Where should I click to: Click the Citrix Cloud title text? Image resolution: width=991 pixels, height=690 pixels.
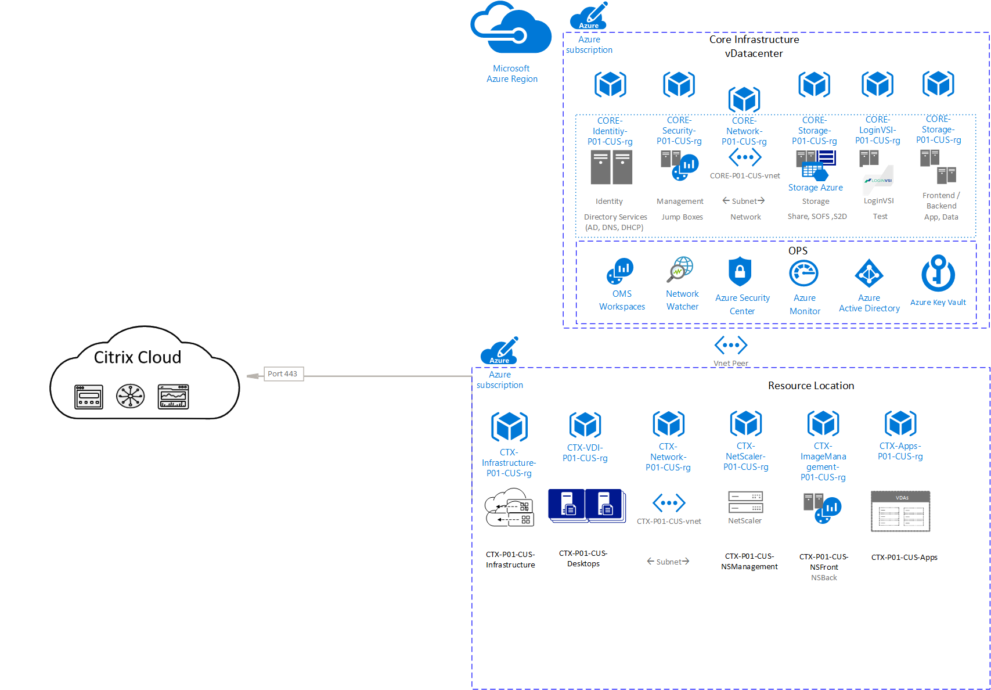click(138, 357)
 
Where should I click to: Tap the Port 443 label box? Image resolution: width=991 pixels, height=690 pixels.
click(283, 374)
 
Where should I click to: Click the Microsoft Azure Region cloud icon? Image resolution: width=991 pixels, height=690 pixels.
click(511, 29)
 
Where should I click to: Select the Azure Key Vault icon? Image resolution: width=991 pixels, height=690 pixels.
click(938, 274)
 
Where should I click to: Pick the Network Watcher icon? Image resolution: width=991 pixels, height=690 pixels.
click(680, 269)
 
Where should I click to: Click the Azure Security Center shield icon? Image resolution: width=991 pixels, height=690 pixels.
click(740, 272)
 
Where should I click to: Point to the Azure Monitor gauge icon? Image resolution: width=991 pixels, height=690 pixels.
click(804, 273)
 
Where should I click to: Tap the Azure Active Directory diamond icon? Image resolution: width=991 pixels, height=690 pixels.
click(869, 273)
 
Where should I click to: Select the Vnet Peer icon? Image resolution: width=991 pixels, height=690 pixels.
click(731, 345)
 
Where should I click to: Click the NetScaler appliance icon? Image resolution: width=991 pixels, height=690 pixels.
click(745, 502)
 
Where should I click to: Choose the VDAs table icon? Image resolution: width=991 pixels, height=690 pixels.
click(900, 511)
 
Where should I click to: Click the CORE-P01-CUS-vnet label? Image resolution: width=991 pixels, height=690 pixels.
click(745, 176)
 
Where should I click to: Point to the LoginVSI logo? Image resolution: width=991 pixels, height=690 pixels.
click(878, 181)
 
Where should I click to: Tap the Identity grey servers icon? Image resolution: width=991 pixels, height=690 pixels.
click(611, 167)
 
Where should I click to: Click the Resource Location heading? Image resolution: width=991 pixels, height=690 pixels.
click(811, 386)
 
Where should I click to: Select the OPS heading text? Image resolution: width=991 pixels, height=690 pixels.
click(798, 251)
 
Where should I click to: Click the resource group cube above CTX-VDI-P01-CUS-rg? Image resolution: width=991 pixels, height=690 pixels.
click(585, 425)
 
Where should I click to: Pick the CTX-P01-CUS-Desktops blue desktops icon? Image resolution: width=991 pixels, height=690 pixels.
click(586, 506)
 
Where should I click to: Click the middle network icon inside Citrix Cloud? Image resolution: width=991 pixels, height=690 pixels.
click(131, 397)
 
